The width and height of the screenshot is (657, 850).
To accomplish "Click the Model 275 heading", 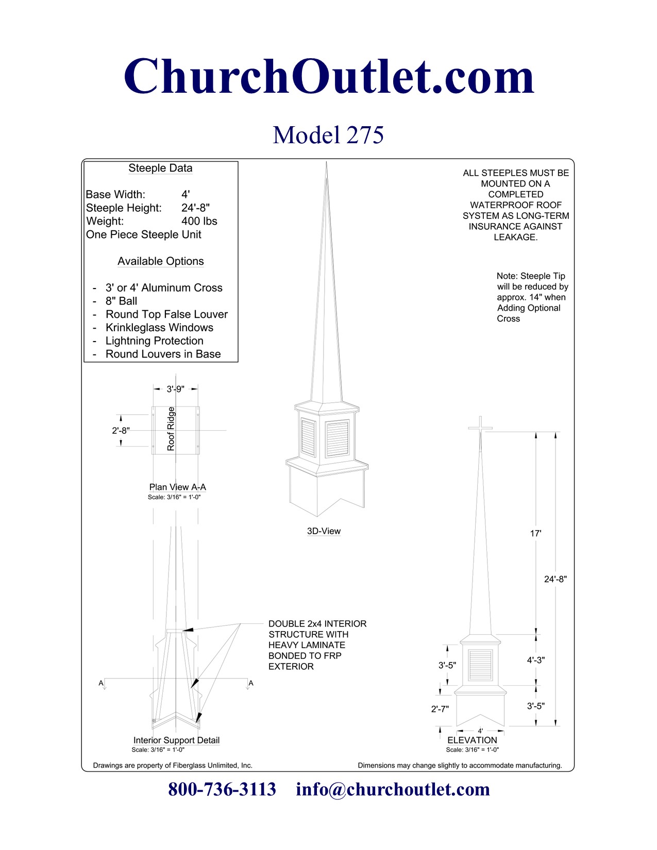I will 328,135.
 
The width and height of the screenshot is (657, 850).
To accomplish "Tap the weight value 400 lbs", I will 199,222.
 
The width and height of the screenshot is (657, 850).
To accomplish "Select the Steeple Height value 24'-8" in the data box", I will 195,208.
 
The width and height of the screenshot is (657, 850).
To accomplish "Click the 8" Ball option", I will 121,301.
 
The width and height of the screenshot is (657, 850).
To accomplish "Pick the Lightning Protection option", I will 154,341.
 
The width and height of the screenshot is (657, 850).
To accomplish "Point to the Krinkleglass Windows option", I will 159,328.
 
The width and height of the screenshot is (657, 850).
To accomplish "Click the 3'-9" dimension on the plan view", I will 175,389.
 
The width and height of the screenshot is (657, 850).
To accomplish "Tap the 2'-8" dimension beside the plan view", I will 121,431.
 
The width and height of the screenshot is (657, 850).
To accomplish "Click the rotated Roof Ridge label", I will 171,429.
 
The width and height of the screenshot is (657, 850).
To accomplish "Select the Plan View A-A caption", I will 177,487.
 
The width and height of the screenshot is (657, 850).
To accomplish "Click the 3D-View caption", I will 324,531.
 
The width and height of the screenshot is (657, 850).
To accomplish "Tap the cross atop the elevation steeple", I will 480,427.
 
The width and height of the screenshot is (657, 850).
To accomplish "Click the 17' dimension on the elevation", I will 535,534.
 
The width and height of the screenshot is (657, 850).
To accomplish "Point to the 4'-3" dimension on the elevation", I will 535,660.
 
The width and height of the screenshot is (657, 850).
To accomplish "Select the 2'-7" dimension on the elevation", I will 440,709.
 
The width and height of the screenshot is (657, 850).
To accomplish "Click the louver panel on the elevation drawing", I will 480,665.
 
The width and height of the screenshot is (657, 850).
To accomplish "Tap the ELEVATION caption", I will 472,740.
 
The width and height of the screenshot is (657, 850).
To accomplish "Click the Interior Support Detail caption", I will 176,740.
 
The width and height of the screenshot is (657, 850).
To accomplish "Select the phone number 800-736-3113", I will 222,789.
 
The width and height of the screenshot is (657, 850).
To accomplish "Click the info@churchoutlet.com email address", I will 393,789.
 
